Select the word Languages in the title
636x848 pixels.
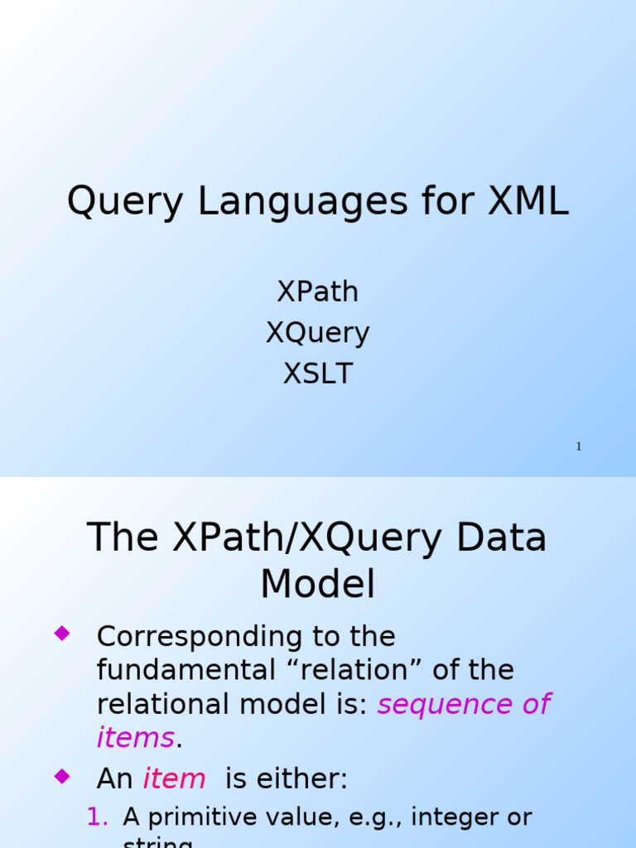pyautogui.click(x=302, y=203)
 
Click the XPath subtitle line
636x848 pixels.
pyautogui.click(x=318, y=292)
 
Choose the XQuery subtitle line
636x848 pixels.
pyautogui.click(x=318, y=334)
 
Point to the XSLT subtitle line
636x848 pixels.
pyautogui.click(x=318, y=374)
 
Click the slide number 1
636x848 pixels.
pyautogui.click(x=579, y=447)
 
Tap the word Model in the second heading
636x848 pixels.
pyautogui.click(x=318, y=585)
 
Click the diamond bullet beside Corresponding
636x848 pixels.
pyautogui.click(x=61, y=634)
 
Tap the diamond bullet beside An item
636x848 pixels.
pyautogui.click(x=61, y=776)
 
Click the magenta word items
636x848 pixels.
pyautogui.click(x=135, y=738)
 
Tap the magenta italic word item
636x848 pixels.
pyautogui.click(x=174, y=779)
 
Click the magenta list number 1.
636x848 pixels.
pyautogui.click(x=98, y=817)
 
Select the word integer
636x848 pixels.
pyautogui.click(x=458, y=817)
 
